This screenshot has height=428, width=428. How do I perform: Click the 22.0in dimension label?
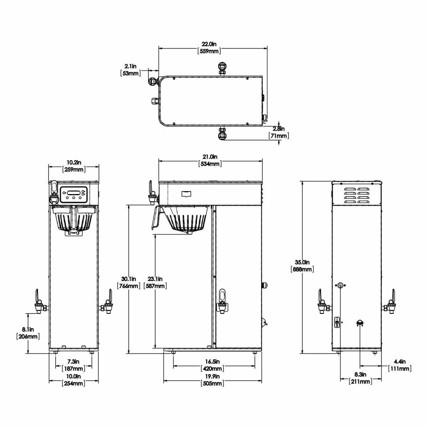[x=209, y=47]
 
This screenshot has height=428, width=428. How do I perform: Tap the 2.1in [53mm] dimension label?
[x=131, y=70]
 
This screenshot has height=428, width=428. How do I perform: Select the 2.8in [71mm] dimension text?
[x=279, y=132]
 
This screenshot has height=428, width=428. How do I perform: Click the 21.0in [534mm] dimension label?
[x=210, y=160]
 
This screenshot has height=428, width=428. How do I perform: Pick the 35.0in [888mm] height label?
[x=302, y=266]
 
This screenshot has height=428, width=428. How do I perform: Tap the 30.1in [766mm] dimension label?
[x=128, y=282]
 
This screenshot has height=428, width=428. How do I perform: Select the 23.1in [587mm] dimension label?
[x=155, y=282]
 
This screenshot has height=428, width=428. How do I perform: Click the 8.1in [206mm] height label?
[x=28, y=332]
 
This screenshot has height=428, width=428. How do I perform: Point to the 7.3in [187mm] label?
[x=73, y=365]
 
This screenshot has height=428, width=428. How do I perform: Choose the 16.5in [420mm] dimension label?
[x=214, y=365]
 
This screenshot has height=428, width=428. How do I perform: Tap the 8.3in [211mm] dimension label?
[x=361, y=378]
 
